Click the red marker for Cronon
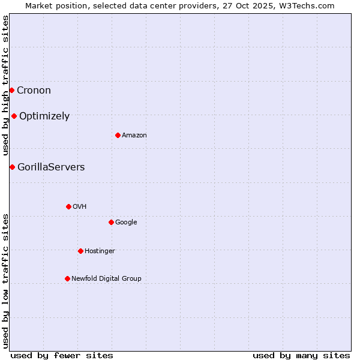click(x=11, y=90)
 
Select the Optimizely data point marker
click(x=14, y=116)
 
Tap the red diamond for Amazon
click(x=118, y=135)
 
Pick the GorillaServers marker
click(x=12, y=167)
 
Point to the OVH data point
click(x=68, y=206)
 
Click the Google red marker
click(x=111, y=222)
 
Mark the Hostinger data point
click(x=80, y=251)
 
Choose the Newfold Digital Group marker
click(x=67, y=278)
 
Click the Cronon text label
click(x=34, y=91)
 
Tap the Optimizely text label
click(x=44, y=116)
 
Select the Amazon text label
click(x=134, y=136)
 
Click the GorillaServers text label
click(x=51, y=167)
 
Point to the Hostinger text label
click(x=100, y=251)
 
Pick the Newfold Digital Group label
click(x=106, y=278)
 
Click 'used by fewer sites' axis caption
click(x=62, y=356)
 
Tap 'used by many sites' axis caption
click(x=301, y=356)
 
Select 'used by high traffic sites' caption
click(x=6, y=86)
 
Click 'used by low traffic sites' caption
click(x=6, y=281)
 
